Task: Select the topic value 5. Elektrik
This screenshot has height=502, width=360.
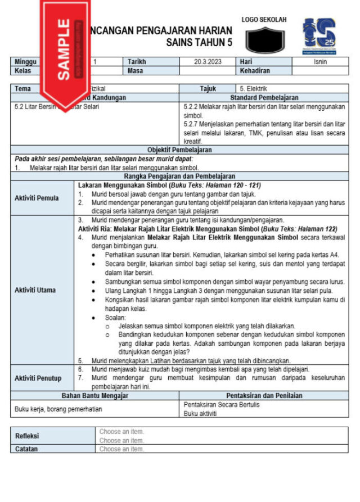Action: point(253,89)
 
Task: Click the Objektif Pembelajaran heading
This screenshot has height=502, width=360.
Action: point(179,150)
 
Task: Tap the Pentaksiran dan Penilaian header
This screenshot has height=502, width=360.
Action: point(264,396)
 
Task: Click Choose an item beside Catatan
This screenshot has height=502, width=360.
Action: point(121,449)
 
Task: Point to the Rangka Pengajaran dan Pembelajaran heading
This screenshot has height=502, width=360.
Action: point(179,176)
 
